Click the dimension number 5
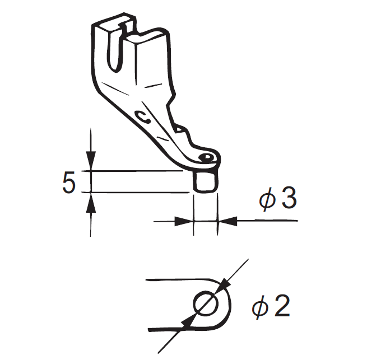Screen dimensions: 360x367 tap(68, 183)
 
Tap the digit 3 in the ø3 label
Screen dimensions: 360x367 tap(288, 199)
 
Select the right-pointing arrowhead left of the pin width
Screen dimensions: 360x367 tap(185, 221)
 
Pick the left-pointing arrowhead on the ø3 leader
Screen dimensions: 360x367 tap(226, 221)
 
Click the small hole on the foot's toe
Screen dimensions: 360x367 tap(207, 157)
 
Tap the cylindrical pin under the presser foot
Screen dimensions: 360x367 tap(205, 181)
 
